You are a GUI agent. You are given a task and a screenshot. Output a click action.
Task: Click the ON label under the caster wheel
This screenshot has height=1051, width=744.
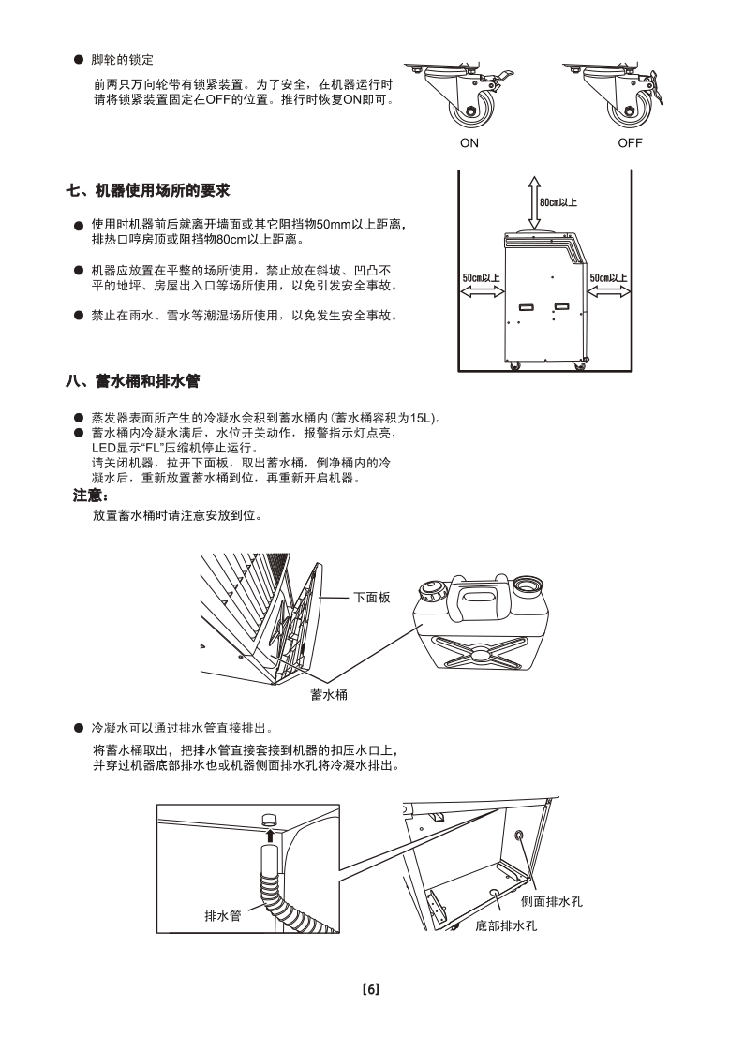pyautogui.click(x=469, y=143)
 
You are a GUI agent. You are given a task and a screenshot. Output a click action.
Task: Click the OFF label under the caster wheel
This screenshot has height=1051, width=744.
pyautogui.click(x=630, y=143)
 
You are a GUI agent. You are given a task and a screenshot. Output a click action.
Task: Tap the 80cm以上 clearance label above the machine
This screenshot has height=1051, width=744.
pyautogui.click(x=558, y=201)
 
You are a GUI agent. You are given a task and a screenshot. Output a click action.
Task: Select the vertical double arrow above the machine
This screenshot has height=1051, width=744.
pyautogui.click(x=533, y=201)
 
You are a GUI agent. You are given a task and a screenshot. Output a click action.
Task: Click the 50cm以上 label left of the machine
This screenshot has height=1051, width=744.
pyautogui.click(x=481, y=278)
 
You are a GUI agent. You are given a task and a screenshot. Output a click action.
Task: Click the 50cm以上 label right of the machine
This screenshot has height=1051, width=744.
pyautogui.click(x=608, y=278)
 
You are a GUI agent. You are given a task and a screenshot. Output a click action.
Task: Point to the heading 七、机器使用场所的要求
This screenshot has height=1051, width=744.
pyautogui.click(x=148, y=191)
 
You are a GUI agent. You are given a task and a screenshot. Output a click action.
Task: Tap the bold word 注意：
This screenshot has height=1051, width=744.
pyautogui.click(x=92, y=495)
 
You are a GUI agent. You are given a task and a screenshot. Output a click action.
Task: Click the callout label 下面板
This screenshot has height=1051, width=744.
pyautogui.click(x=371, y=597)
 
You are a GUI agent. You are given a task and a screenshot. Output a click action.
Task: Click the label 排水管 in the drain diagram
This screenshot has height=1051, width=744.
pyautogui.click(x=222, y=914)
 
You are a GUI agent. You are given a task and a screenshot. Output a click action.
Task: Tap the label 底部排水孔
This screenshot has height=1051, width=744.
pyautogui.click(x=506, y=925)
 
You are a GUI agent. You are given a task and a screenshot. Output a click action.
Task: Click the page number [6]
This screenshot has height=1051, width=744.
pyautogui.click(x=370, y=989)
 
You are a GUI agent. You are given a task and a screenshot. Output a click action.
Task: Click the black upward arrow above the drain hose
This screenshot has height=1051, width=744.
pyautogui.click(x=270, y=834)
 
